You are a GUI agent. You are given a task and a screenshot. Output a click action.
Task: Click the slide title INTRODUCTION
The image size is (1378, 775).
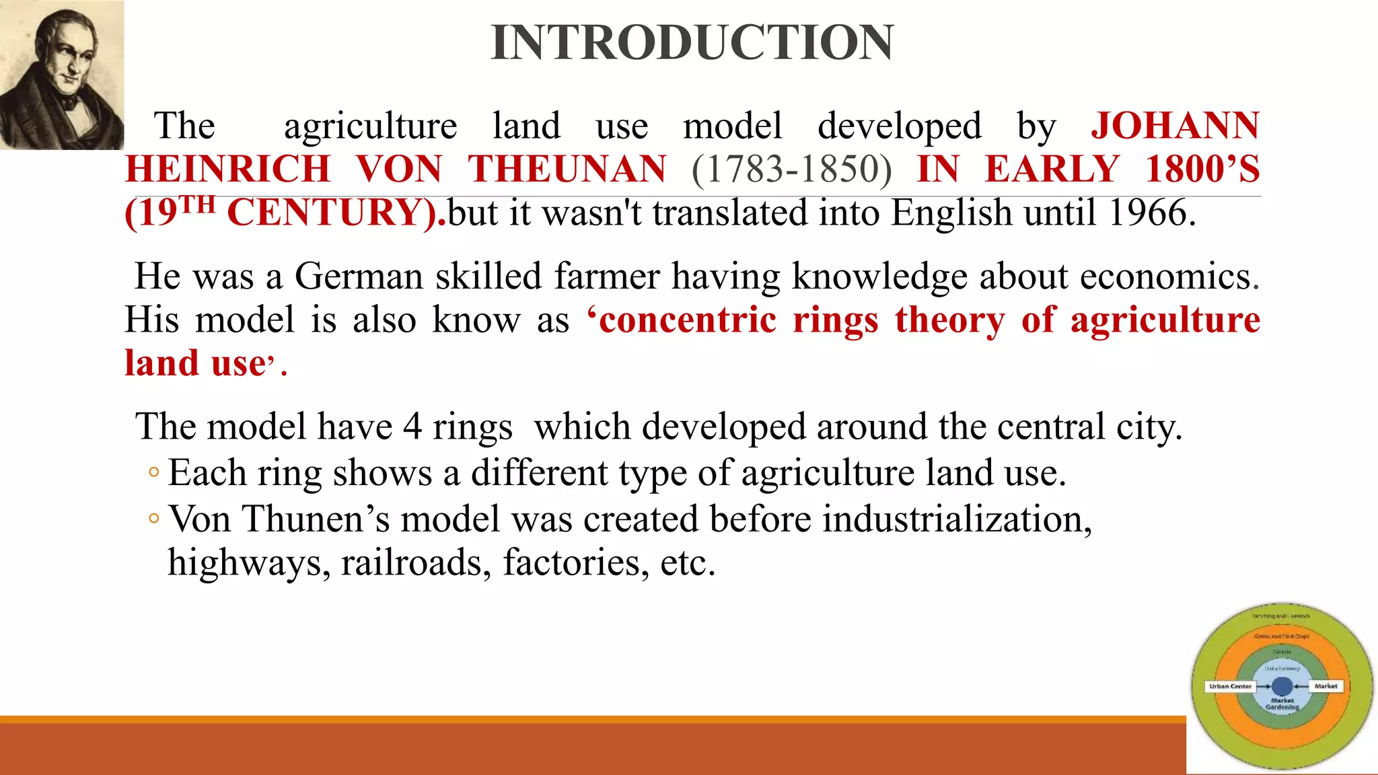(692, 43)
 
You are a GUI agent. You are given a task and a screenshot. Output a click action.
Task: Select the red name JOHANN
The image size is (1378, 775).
(1175, 126)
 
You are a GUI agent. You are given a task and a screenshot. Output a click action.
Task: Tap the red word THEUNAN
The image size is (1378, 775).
(567, 169)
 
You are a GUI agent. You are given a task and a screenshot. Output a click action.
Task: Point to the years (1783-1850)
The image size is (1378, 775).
(791, 169)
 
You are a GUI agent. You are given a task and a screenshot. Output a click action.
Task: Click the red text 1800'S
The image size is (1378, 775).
(1202, 169)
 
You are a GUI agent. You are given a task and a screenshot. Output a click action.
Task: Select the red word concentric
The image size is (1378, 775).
(687, 320)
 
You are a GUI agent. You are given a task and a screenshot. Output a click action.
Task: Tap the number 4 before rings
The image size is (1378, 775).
(412, 427)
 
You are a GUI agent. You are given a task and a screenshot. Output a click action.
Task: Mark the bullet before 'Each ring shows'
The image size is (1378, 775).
(154, 473)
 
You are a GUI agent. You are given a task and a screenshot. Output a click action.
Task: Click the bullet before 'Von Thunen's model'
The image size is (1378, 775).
(154, 519)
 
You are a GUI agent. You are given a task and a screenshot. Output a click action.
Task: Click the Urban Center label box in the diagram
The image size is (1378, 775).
(1230, 686)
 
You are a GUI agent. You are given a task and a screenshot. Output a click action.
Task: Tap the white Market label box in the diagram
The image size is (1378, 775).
(1326, 686)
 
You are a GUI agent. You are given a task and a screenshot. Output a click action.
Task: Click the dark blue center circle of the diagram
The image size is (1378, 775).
(1282, 686)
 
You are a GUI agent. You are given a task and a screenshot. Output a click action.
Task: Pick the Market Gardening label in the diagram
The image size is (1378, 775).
(1282, 704)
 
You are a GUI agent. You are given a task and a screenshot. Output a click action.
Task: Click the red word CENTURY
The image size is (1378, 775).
(334, 213)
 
